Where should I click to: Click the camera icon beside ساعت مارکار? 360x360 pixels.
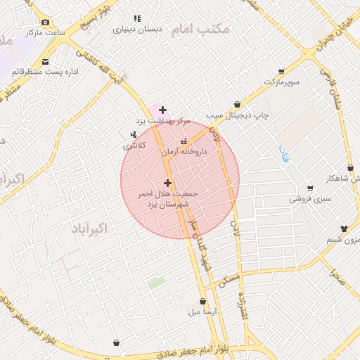46,22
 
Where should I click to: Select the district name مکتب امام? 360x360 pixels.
210,29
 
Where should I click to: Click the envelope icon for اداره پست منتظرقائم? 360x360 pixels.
46,61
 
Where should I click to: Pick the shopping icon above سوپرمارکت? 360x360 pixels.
281,71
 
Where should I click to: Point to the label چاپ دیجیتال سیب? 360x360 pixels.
235,115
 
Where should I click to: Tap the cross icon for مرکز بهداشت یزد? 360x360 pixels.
163,110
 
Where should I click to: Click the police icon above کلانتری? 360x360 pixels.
134,134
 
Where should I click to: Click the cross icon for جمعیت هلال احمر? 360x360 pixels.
167,183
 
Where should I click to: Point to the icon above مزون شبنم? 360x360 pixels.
344,229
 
